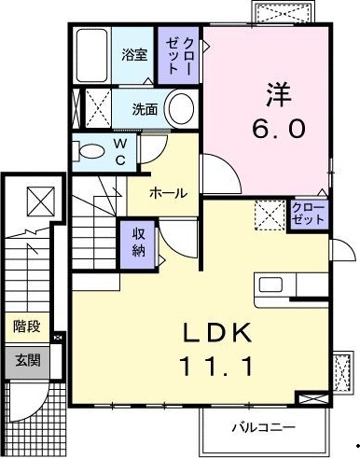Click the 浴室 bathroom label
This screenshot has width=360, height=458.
click(x=133, y=54)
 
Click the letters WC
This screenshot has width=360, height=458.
click(x=120, y=150)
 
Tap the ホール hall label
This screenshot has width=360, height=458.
click(x=168, y=193)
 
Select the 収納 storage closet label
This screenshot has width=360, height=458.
click(x=137, y=242)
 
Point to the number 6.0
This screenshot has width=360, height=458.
click(x=276, y=129)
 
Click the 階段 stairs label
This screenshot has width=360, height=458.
click(x=26, y=326)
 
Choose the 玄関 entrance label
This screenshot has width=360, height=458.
click(x=26, y=358)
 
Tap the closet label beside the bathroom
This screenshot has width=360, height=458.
click(x=177, y=56)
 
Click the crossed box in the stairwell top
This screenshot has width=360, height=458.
click(x=39, y=201)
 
